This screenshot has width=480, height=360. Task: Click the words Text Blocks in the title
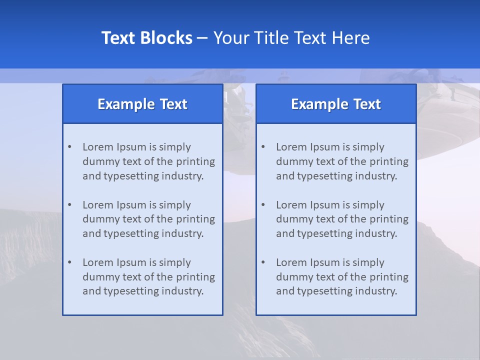coord(146,38)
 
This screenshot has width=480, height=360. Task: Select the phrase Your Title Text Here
coord(291,38)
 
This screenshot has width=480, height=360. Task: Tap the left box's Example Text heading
coord(142,104)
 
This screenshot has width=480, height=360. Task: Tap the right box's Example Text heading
coord(336,104)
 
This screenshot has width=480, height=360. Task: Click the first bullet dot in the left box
coord(69,147)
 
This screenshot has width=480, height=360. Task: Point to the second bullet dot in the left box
coord(69,205)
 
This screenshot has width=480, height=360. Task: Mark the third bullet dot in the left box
coord(69,262)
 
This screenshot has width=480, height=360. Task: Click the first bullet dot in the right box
coord(263,147)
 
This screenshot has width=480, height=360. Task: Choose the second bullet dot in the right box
coord(263,205)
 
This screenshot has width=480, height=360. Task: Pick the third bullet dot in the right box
coord(263,262)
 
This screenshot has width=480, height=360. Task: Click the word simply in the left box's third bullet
coord(175,263)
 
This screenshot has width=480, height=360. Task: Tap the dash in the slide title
coord(203,38)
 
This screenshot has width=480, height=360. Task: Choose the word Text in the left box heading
coord(173,104)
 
